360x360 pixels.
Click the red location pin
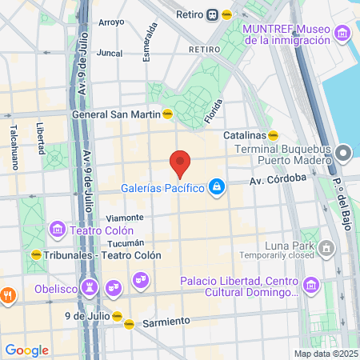click(x=180, y=163)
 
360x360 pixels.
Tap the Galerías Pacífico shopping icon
click(x=215, y=188)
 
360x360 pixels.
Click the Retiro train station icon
click(x=212, y=14)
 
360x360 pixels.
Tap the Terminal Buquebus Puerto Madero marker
click(x=344, y=152)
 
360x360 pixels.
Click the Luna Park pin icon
click(x=326, y=249)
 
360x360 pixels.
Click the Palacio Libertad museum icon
click(x=310, y=284)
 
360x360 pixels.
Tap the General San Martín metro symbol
click(x=167, y=114)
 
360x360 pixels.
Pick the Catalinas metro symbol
click(x=273, y=135)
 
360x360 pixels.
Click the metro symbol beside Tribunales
click(x=36, y=254)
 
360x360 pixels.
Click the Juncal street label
click(x=109, y=53)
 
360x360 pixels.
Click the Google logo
click(x=26, y=350)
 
